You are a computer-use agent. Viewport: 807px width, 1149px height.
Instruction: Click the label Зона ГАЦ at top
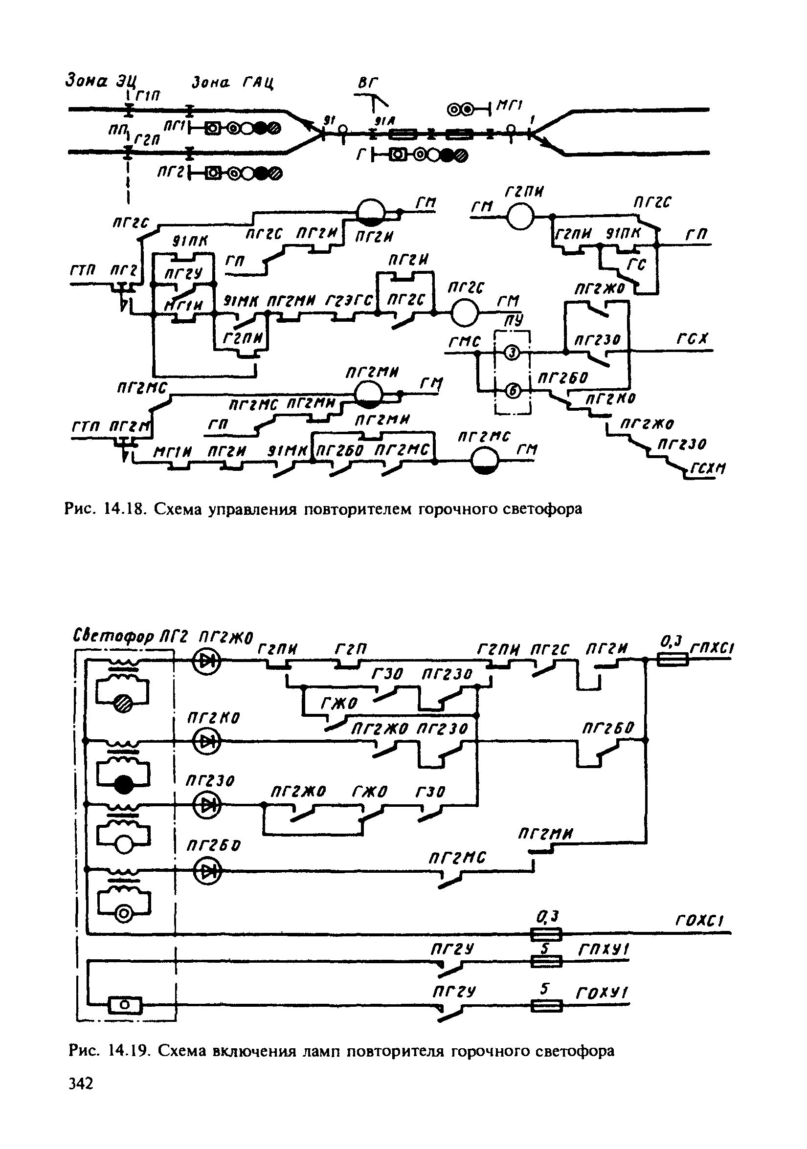click(x=233, y=82)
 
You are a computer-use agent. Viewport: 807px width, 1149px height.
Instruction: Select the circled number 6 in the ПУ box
click(x=512, y=391)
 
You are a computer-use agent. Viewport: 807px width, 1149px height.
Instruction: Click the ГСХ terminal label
click(x=693, y=339)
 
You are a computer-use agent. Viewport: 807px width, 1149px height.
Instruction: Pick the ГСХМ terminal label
click(x=708, y=469)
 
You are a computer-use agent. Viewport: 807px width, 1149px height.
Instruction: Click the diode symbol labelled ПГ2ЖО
click(x=207, y=662)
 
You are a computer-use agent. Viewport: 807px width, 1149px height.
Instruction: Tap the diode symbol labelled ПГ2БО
click(x=207, y=871)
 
